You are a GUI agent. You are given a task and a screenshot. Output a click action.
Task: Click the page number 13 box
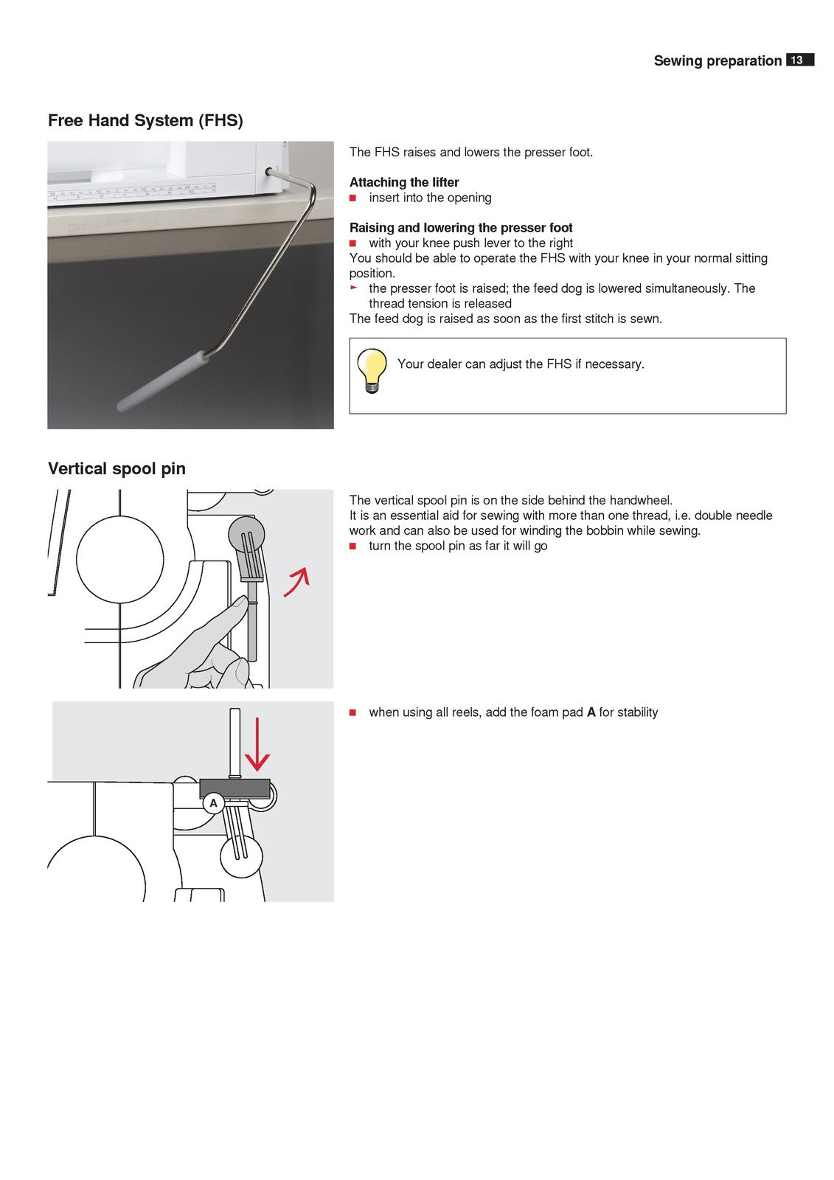[799, 60]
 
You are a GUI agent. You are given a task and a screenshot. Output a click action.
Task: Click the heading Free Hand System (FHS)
[145, 120]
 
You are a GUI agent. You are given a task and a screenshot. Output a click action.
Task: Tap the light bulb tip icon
[372, 370]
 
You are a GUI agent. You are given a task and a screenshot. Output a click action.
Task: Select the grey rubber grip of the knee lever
[163, 381]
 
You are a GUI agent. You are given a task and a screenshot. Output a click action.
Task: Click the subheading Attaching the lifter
[404, 182]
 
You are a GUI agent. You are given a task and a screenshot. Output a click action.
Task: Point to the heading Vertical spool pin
[117, 468]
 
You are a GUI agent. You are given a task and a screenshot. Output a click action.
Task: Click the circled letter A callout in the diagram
[214, 803]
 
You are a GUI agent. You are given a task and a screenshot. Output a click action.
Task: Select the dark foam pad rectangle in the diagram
[234, 787]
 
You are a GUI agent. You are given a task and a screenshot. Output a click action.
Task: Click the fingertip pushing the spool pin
[239, 605]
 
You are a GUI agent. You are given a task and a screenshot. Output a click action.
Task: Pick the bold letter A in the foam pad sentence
[591, 712]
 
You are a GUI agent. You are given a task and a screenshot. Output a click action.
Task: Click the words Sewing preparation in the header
[717, 61]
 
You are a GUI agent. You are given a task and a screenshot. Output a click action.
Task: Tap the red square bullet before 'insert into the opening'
[353, 198]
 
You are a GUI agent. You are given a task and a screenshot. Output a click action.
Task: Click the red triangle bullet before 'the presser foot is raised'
[353, 288]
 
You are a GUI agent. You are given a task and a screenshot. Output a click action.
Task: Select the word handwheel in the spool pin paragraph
[640, 500]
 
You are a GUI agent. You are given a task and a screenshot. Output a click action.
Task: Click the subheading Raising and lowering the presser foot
[461, 228]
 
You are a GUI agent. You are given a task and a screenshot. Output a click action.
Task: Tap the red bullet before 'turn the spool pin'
[353, 546]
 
